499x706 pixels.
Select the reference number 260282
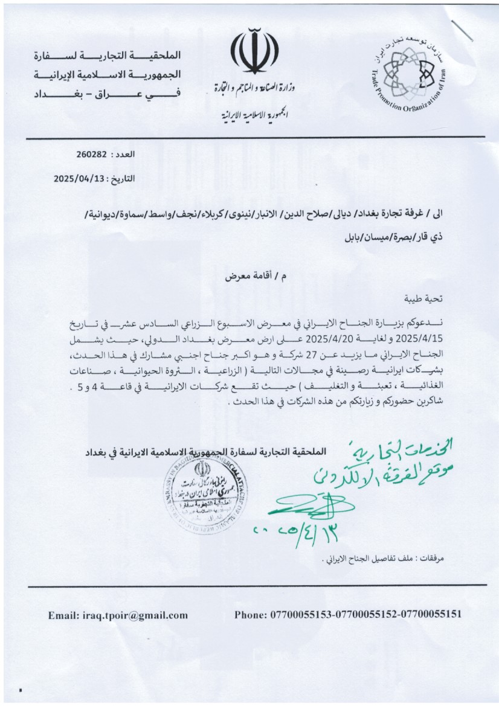[91, 155]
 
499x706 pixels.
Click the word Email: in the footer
[64, 615]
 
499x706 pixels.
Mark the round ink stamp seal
[213, 492]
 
